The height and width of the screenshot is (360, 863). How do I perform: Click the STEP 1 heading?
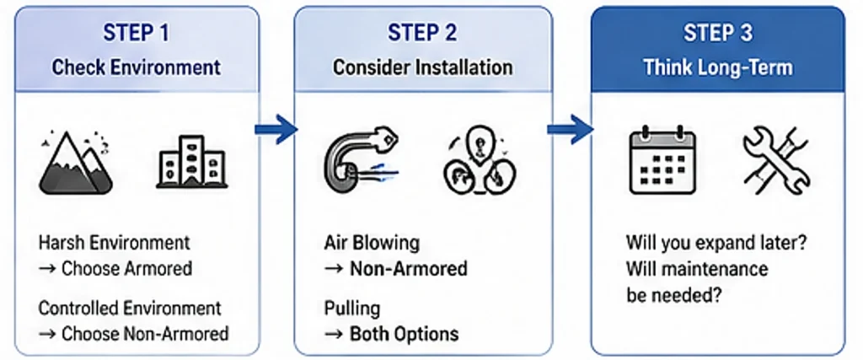tap(136, 34)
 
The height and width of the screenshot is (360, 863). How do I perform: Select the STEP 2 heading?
tap(422, 34)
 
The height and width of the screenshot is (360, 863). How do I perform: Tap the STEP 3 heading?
tap(718, 34)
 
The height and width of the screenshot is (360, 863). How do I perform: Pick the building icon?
tap(191, 161)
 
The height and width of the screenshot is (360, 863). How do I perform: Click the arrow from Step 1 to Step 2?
tap(276, 129)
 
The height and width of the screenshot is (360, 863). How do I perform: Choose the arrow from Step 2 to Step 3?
tap(570, 129)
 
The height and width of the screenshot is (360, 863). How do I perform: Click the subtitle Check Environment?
tap(136, 67)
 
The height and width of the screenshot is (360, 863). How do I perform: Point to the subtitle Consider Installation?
tap(422, 67)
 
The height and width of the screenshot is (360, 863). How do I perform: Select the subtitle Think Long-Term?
tap(718, 67)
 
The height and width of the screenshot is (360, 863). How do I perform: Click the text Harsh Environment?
tap(115, 244)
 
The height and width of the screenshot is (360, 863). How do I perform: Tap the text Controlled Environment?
tap(130, 309)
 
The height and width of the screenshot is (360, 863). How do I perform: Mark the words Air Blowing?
tap(372, 244)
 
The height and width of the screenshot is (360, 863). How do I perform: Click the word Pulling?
tap(352, 309)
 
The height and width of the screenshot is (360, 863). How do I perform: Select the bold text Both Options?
tap(404, 333)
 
